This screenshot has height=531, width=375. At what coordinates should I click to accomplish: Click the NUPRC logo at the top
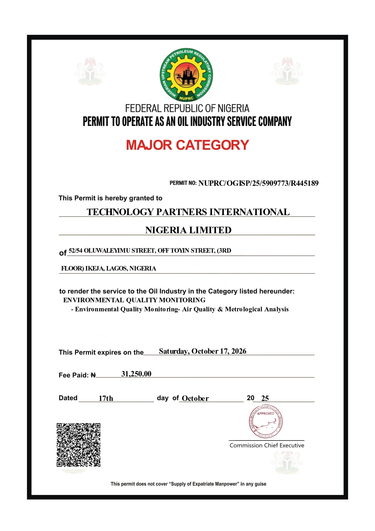(x=186, y=75)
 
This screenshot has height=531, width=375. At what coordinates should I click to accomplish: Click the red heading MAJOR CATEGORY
(x=187, y=145)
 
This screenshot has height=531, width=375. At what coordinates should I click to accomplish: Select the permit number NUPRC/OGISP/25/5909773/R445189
(x=258, y=183)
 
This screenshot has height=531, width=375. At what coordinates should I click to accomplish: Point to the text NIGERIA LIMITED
(x=188, y=230)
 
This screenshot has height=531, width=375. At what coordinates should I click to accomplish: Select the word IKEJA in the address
(x=95, y=269)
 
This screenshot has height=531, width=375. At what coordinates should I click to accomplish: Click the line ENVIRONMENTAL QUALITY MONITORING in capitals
(x=134, y=300)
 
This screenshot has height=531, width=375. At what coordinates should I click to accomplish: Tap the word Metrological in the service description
(x=244, y=309)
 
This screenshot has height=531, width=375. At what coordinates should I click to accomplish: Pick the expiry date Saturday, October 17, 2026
(x=202, y=351)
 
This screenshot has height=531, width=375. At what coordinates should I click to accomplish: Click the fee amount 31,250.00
(x=136, y=374)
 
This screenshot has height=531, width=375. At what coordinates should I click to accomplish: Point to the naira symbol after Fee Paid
(x=93, y=375)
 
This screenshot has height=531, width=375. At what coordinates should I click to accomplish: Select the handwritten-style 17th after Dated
(x=106, y=398)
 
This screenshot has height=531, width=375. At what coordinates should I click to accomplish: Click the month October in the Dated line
(x=195, y=398)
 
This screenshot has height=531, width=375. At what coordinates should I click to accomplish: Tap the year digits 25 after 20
(x=265, y=398)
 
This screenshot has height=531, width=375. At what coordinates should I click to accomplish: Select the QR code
(x=79, y=445)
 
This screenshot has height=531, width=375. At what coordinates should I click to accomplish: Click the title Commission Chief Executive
(x=267, y=445)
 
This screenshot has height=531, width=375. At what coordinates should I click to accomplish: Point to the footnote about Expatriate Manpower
(x=188, y=484)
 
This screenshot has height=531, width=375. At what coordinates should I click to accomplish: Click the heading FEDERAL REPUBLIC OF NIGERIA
(x=187, y=108)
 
